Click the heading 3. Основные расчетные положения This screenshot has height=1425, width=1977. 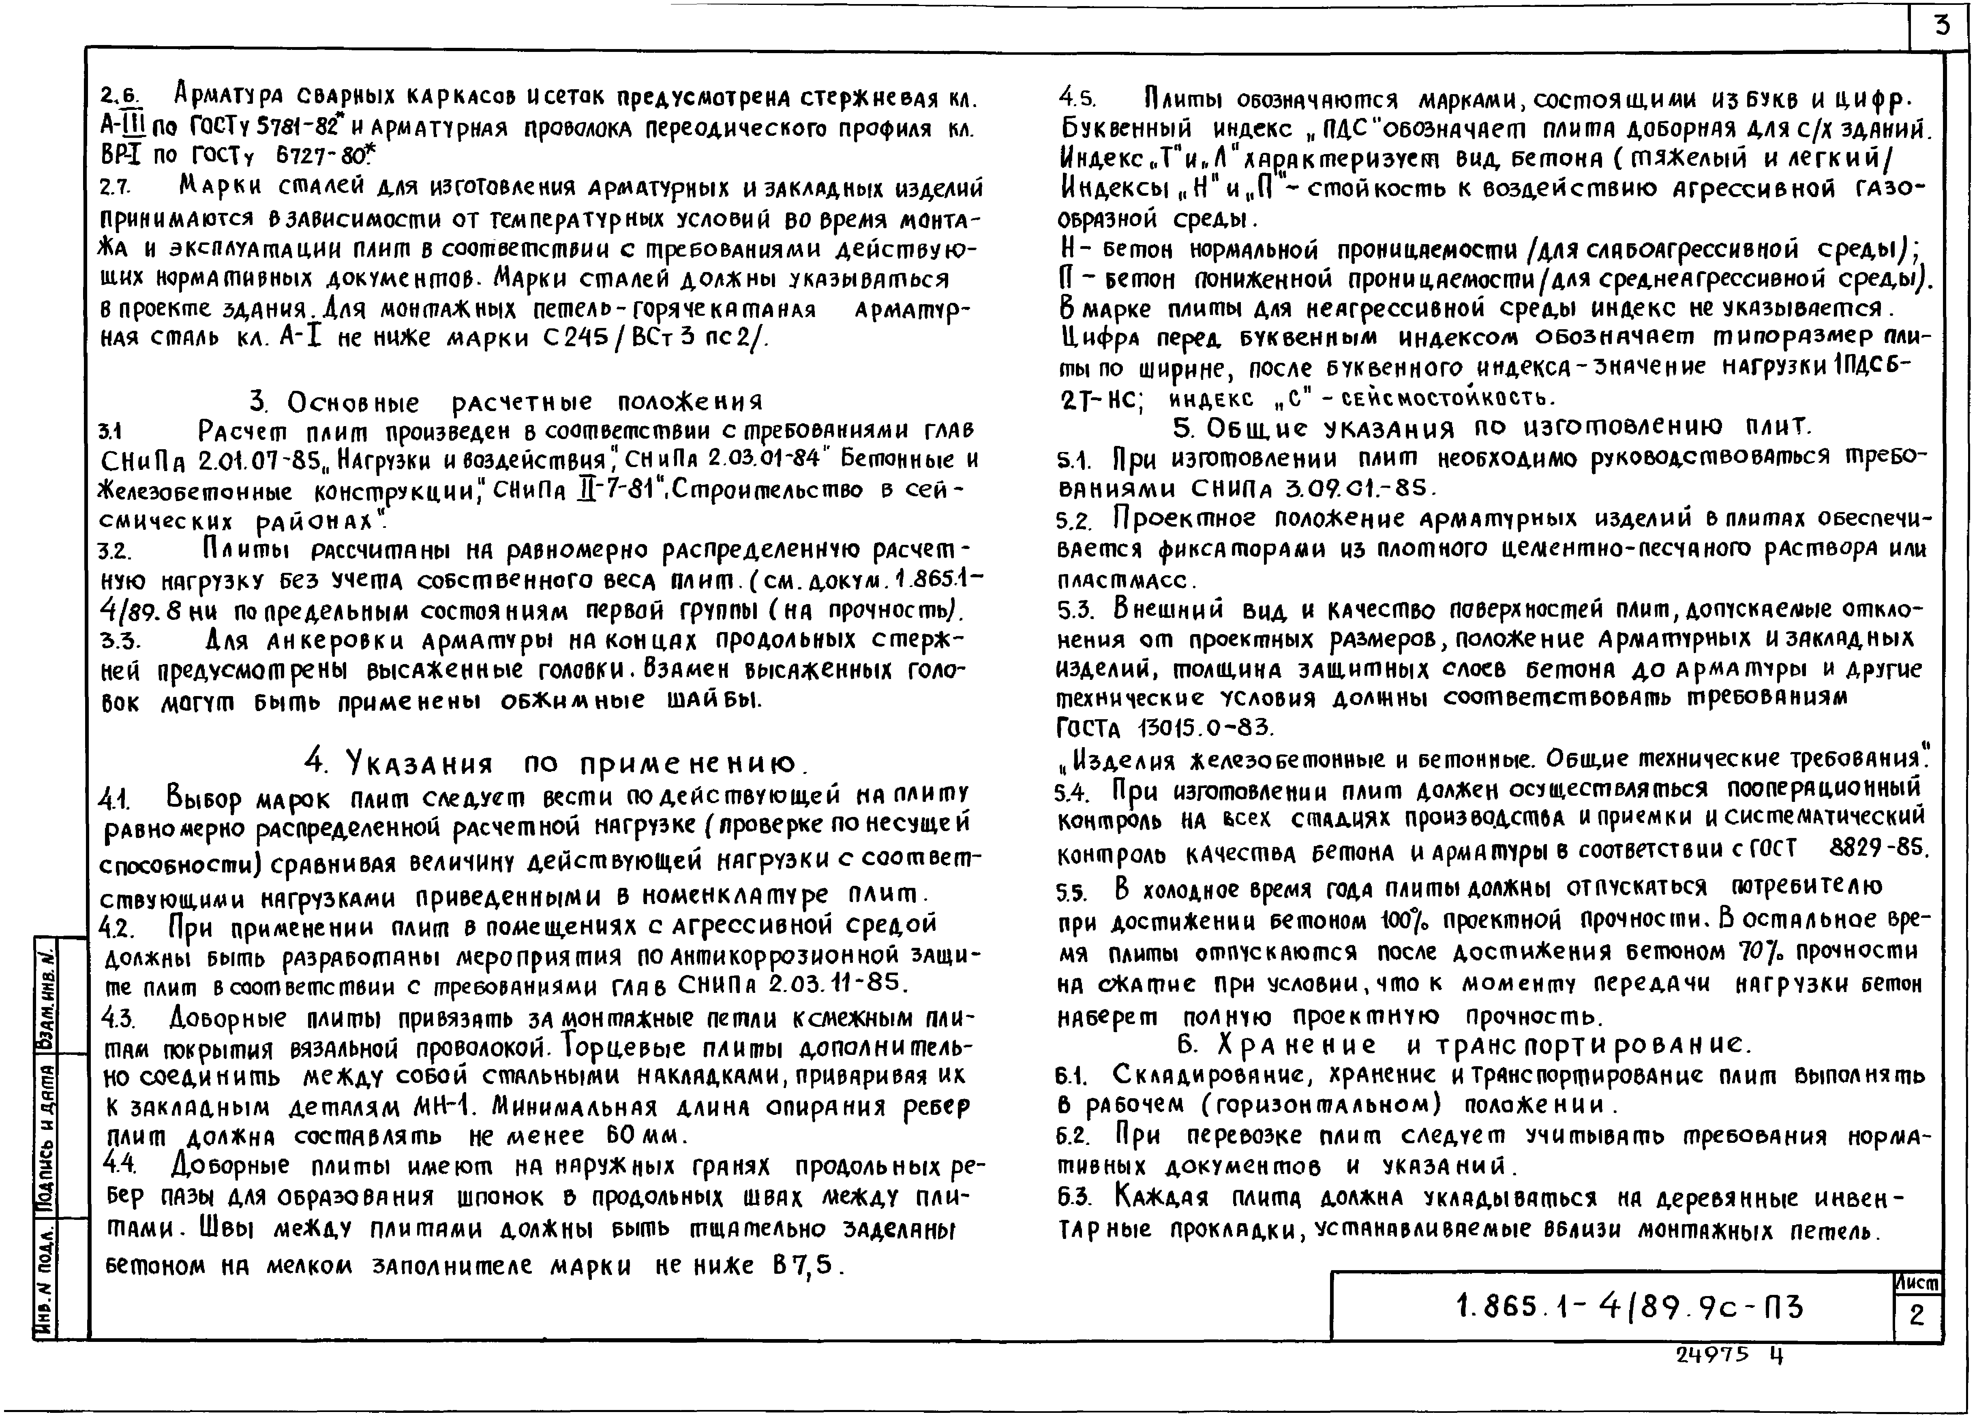click(x=505, y=402)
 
